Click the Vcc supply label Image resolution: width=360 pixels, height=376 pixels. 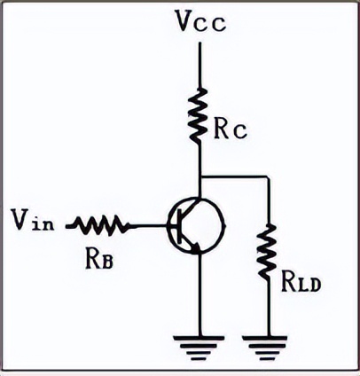pos(200,21)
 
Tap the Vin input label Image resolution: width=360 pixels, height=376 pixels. pos(33,219)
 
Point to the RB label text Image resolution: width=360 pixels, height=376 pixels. pos(99,258)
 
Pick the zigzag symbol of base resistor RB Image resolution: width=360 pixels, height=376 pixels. pos(99,225)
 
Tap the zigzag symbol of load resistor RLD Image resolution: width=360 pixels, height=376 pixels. pos(267,251)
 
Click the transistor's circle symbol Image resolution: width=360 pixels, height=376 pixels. pos(196,226)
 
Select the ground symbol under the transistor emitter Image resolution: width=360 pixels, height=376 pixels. pos(199,349)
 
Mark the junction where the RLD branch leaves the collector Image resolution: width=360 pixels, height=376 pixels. pos(200,177)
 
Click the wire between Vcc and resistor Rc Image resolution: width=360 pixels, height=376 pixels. pos(200,65)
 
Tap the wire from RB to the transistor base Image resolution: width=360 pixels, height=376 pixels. pos(149,226)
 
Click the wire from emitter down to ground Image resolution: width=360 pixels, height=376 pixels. pos(200,294)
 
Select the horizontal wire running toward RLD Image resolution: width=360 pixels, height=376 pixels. pos(234,177)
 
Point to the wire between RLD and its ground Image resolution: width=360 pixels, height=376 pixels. pos(268,307)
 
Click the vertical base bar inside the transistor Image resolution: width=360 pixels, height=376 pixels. pos(179,226)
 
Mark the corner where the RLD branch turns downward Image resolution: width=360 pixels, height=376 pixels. pos(268,177)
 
